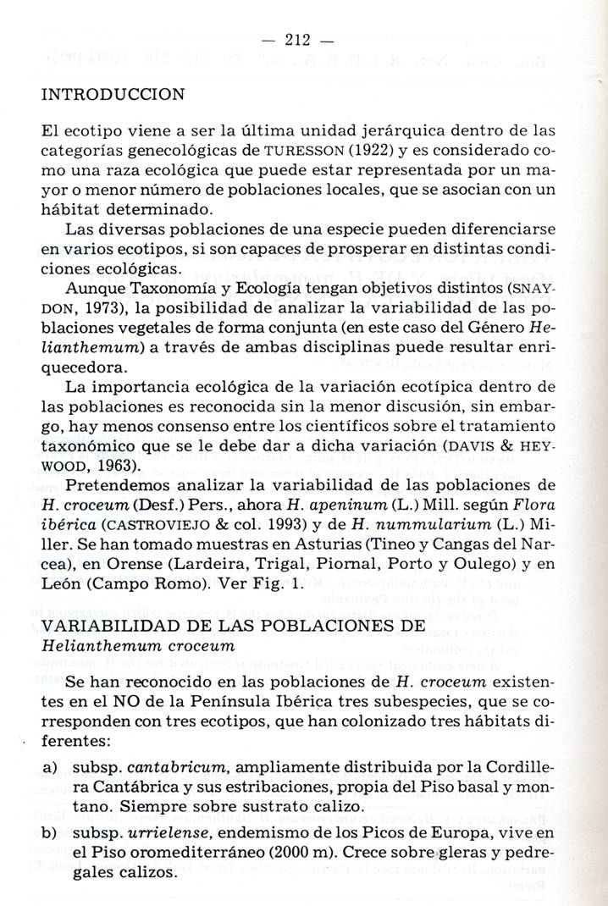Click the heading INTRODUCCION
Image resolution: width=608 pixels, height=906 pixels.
tap(113, 94)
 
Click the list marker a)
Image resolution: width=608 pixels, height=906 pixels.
tap(50, 766)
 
